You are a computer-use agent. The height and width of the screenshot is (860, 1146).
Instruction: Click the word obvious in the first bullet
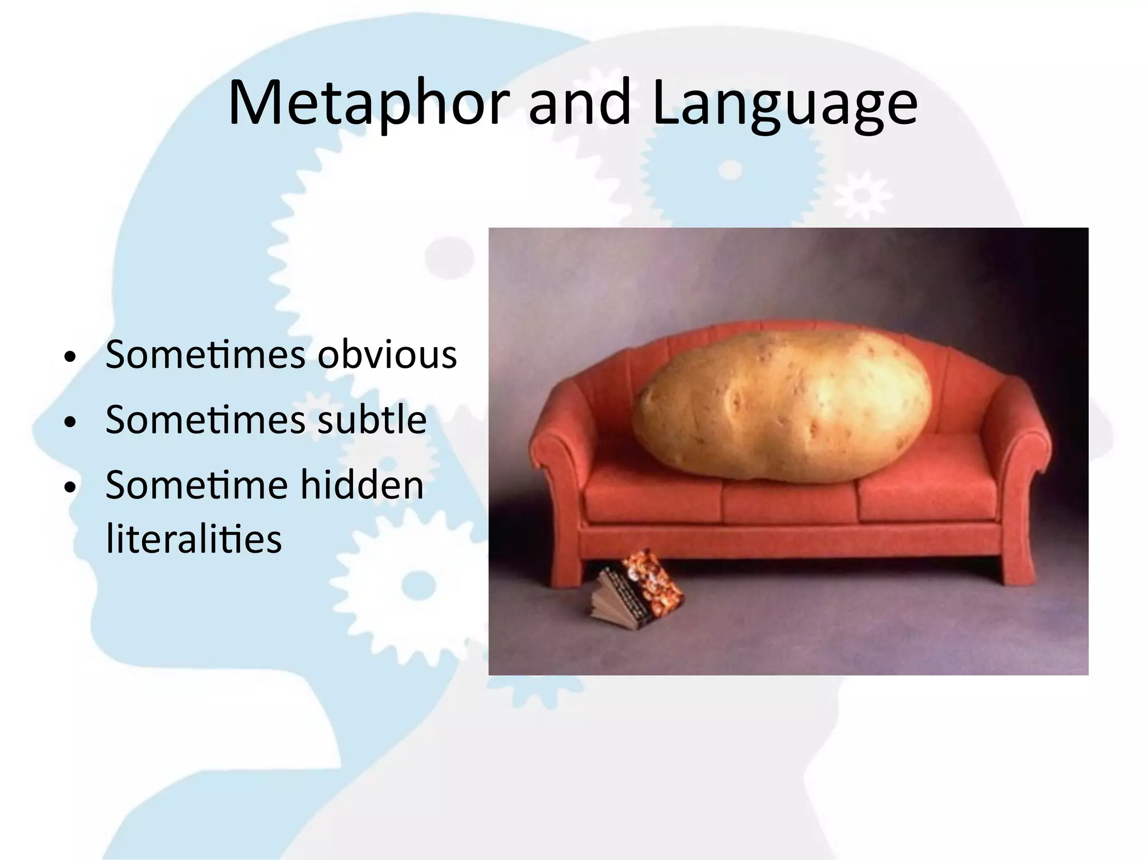[x=387, y=355]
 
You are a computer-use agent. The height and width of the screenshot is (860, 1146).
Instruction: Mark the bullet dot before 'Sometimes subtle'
[x=69, y=423]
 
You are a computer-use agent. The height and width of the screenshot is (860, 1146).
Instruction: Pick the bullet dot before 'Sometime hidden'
[x=69, y=488]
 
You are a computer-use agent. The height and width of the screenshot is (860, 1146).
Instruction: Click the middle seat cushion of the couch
[x=789, y=498]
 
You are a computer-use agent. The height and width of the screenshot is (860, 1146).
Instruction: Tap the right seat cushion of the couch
[x=923, y=493]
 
